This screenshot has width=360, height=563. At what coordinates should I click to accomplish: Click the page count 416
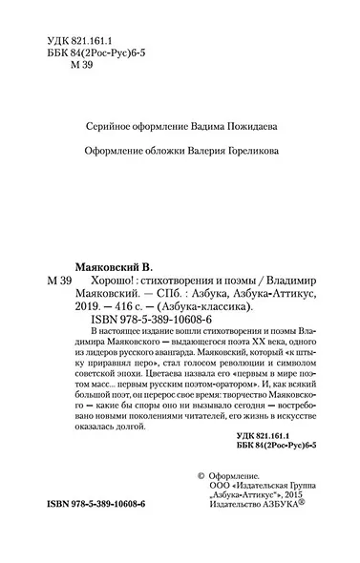tap(134, 307)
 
